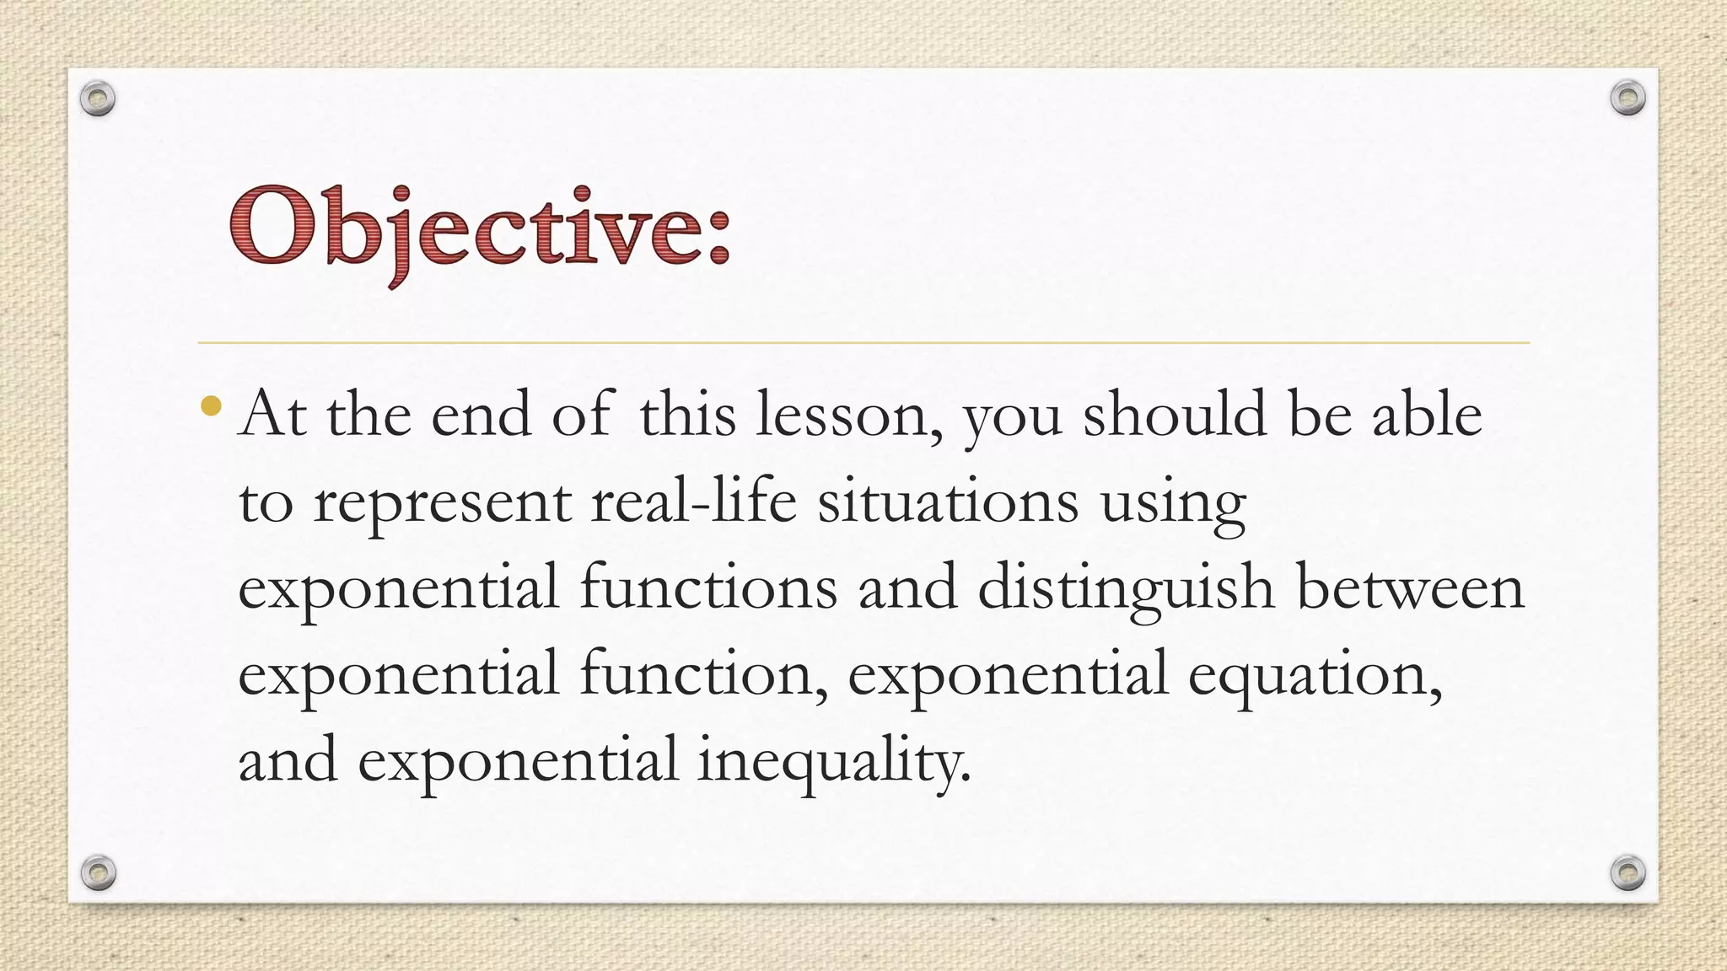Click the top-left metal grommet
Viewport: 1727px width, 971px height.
click(98, 99)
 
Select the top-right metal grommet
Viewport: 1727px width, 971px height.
click(1627, 99)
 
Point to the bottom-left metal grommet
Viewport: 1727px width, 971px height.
click(98, 872)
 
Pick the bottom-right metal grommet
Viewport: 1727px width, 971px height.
click(1627, 872)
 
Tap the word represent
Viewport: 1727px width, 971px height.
click(442, 504)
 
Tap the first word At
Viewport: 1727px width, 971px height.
click(272, 415)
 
